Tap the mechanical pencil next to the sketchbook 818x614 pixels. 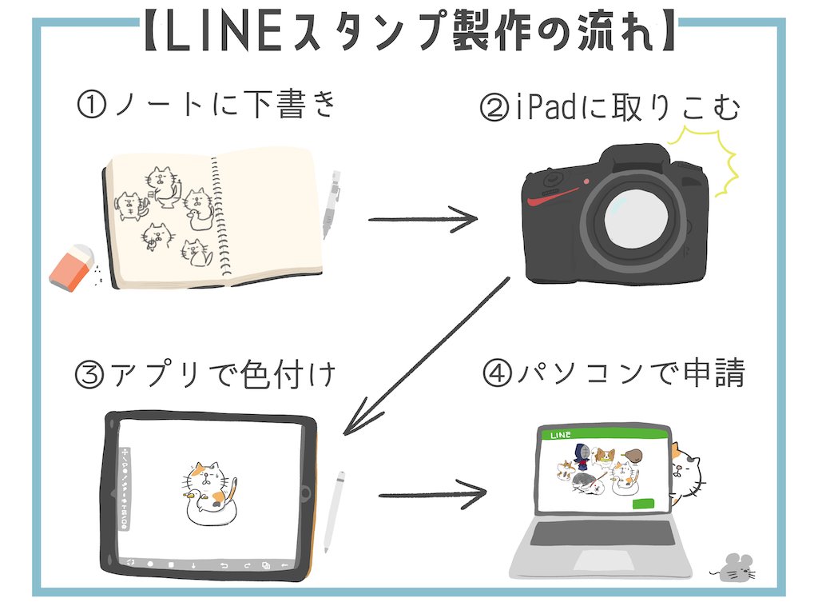[331, 205]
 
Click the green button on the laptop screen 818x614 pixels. [643, 504]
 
